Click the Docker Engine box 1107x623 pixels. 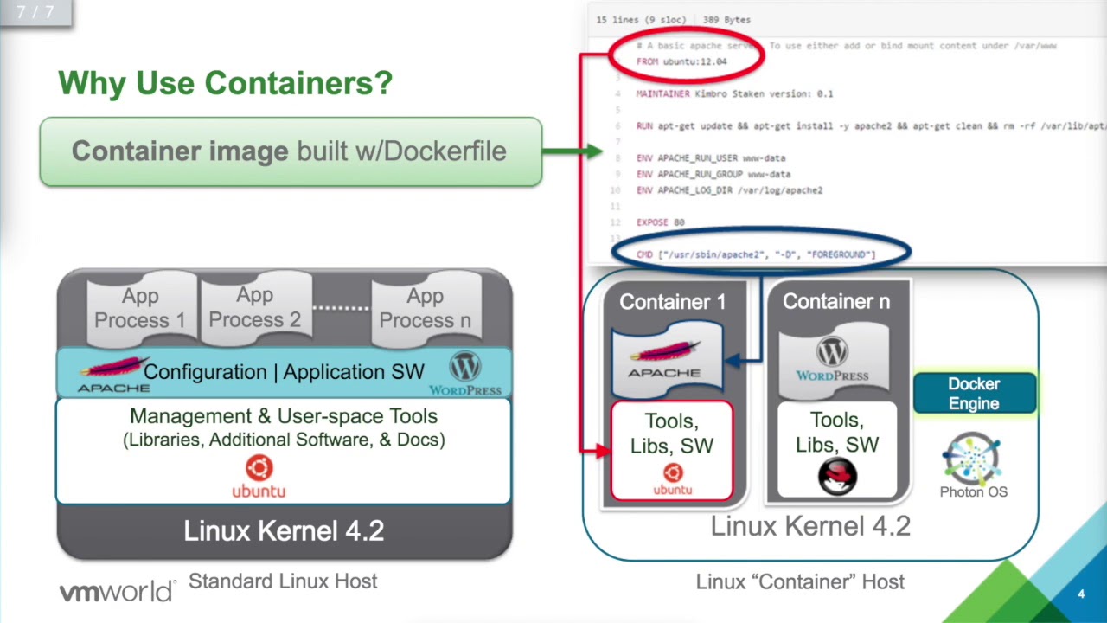[974, 394]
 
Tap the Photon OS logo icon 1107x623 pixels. [972, 459]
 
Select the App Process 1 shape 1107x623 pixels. [139, 308]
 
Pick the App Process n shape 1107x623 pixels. [425, 308]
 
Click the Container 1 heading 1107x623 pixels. [672, 302]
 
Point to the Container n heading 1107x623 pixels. [835, 301]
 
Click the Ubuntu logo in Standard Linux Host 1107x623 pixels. [259, 469]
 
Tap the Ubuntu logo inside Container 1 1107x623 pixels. [673, 472]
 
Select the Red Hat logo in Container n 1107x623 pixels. [836, 476]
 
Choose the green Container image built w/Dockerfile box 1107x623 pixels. [291, 151]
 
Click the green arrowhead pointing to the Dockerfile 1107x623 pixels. [594, 151]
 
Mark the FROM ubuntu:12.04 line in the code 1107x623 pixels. [681, 62]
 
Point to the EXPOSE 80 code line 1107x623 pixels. [660, 222]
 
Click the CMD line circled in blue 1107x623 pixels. [756, 254]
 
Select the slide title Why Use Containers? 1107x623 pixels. [225, 83]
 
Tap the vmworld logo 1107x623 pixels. [117, 593]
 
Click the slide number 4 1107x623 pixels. [1081, 594]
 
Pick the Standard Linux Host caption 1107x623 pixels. [283, 581]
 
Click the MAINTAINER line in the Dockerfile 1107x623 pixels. [734, 93]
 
